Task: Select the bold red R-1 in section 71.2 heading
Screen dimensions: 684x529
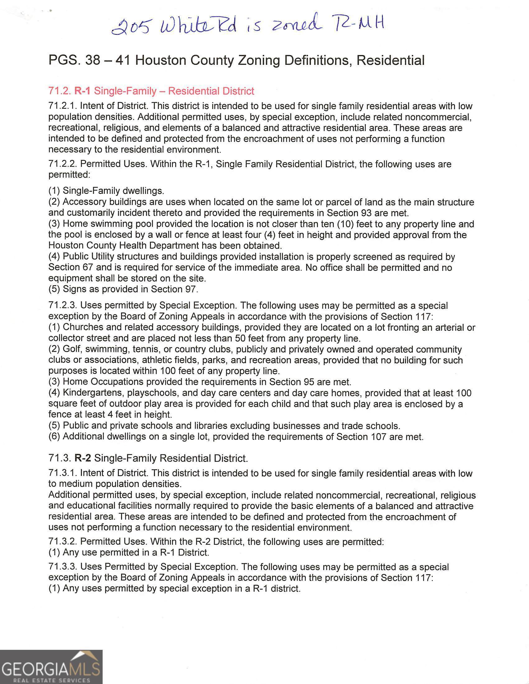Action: [82, 91]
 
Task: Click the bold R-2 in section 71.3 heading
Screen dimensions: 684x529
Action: [83, 458]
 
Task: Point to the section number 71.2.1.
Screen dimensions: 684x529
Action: [63, 106]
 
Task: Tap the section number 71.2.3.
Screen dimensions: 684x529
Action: [63, 305]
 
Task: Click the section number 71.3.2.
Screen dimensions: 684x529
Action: [63, 541]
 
